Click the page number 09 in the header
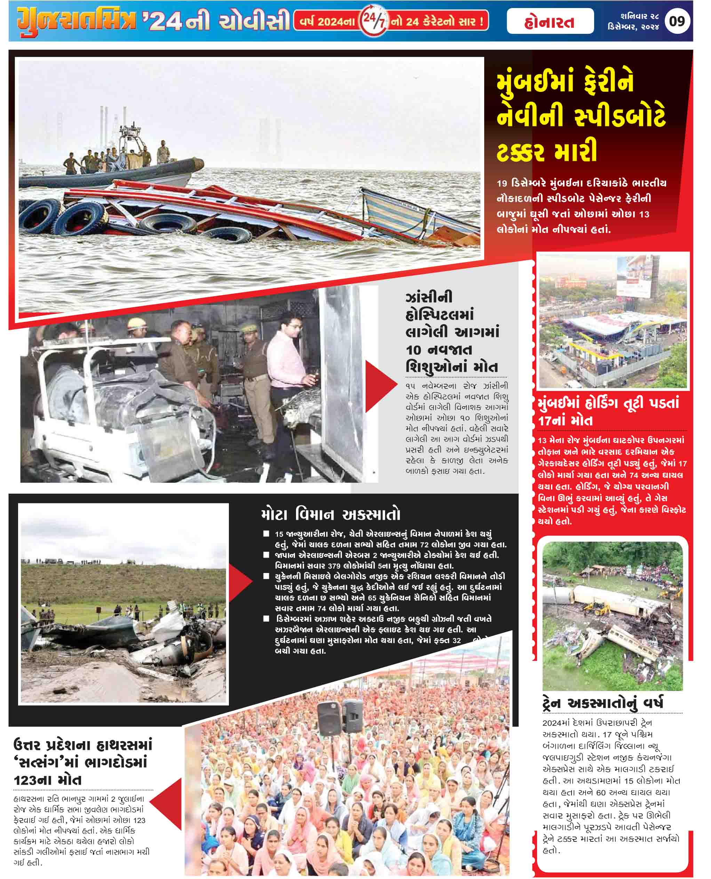tap(677, 21)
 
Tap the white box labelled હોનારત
tap(550, 22)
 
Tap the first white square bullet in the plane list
tap(266, 534)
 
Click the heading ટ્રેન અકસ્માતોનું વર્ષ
tap(602, 703)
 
